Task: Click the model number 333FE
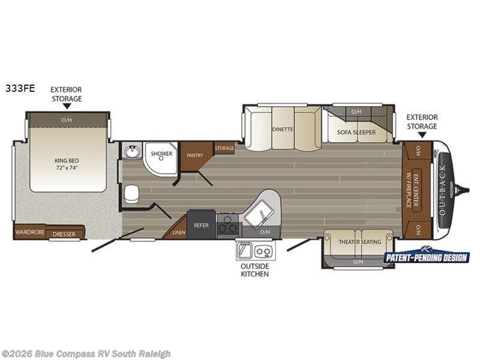tap(20, 88)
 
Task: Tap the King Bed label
tap(67, 164)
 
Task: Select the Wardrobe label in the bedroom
tap(30, 232)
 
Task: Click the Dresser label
tap(64, 234)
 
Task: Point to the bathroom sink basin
tap(133, 151)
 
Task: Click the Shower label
tap(161, 154)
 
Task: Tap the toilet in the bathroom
tap(131, 194)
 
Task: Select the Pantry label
tap(195, 155)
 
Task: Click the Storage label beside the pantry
tap(224, 148)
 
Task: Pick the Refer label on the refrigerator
tap(201, 226)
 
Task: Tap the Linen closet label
tap(179, 232)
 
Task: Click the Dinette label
tap(283, 129)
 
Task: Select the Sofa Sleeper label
tap(356, 132)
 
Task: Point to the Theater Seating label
tap(359, 242)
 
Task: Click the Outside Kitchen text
tap(254, 270)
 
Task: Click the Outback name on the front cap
tap(442, 190)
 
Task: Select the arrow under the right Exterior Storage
tap(422, 134)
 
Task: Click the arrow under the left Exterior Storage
tap(67, 106)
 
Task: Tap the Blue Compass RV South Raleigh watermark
tap(85, 354)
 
